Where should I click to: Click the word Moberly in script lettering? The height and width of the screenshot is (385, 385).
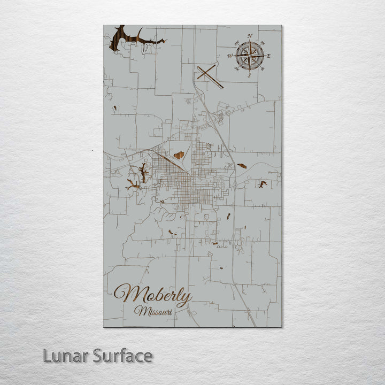[152, 295]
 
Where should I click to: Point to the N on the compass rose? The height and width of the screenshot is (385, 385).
[250, 36]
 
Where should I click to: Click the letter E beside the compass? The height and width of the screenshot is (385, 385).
[268, 56]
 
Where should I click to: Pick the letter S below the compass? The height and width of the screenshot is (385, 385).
[249, 75]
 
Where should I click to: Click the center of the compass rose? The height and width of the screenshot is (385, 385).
[250, 55]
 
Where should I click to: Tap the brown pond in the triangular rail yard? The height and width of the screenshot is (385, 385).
[179, 155]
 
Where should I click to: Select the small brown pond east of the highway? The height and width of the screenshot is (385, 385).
[242, 166]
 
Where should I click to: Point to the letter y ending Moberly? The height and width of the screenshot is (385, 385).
[184, 298]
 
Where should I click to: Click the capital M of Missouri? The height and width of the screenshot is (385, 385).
[140, 310]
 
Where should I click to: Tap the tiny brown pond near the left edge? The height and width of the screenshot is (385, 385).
[114, 109]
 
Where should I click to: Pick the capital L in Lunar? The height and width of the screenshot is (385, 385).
[47, 356]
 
